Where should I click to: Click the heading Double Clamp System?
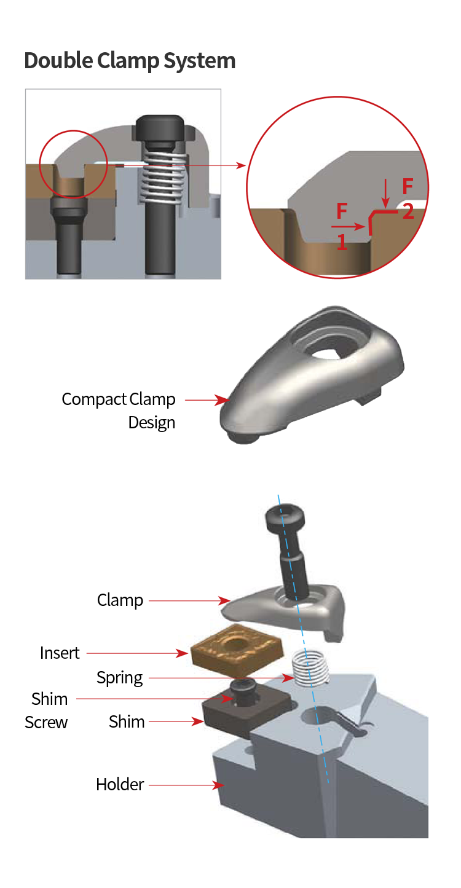pos(130,61)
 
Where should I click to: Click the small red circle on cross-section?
pos(73,164)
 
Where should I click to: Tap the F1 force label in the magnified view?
pos(342,226)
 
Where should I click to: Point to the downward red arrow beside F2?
pos(385,193)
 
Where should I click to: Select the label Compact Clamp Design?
pos(119,410)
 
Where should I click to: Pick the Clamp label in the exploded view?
pos(120,600)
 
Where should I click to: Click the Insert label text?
pos(60,653)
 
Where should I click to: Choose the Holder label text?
pos(120,784)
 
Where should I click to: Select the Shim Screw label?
pos(47,710)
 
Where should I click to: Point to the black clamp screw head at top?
pos(286,520)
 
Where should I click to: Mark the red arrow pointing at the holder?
pos(185,785)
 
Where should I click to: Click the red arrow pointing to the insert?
pos(138,653)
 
